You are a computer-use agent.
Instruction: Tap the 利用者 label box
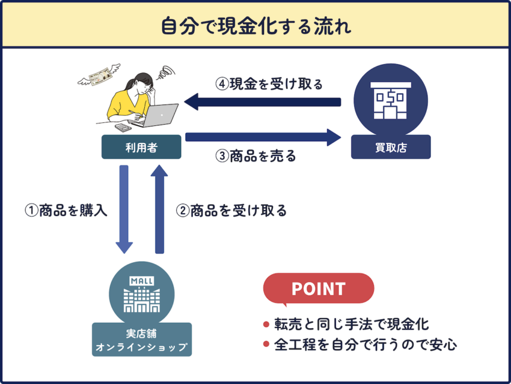pos(141,147)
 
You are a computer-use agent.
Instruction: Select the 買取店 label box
pos(390,147)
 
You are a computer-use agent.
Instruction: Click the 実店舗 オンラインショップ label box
pos(141,340)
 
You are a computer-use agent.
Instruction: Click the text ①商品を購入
pos(66,211)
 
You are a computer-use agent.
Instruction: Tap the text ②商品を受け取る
pos(231,211)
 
